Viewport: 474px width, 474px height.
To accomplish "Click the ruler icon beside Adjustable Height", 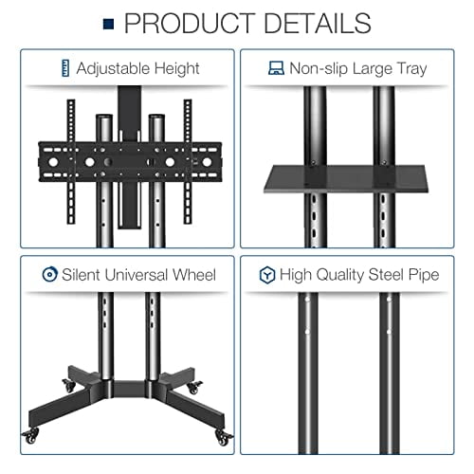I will coord(64,68).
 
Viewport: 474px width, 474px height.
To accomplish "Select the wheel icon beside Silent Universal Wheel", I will coord(49,275).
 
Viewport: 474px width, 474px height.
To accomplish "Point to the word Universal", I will coord(142,275).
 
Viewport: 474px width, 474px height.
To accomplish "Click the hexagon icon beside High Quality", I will coord(266,275).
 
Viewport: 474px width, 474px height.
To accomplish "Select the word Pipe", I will coord(424,275).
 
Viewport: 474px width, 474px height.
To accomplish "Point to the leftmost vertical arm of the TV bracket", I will coord(70,156).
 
